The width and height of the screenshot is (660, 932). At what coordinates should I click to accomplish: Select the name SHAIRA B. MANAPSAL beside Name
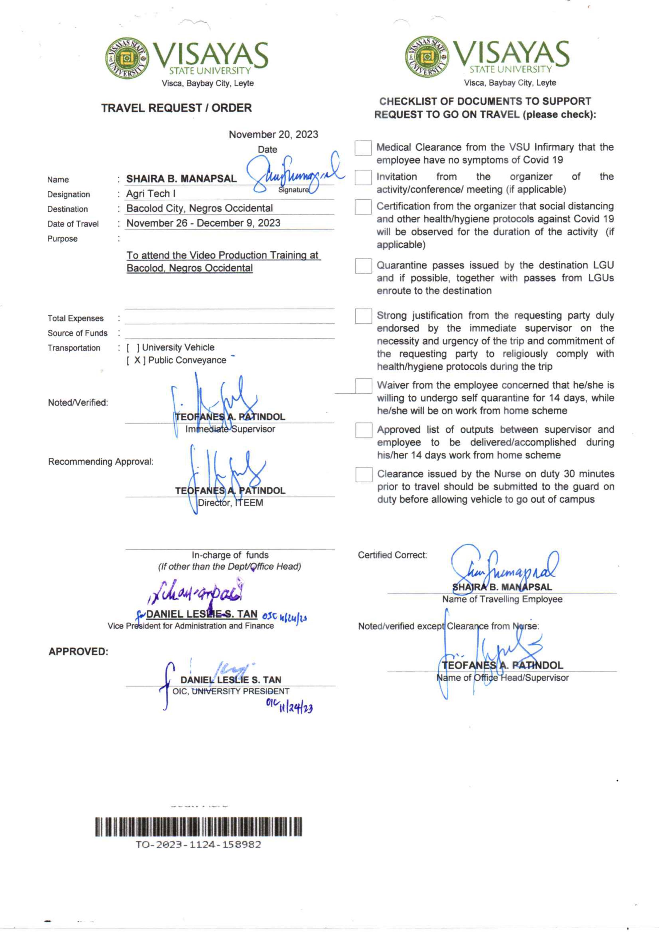tap(181, 179)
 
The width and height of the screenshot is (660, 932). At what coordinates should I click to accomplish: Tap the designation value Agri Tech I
tap(151, 194)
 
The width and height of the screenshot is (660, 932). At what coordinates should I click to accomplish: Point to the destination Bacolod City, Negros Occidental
tap(199, 208)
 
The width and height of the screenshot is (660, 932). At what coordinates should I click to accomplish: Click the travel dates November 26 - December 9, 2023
tap(203, 223)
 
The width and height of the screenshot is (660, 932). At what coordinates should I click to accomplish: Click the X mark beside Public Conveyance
tap(137, 360)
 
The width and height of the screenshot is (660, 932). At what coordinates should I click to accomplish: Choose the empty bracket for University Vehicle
tap(133, 348)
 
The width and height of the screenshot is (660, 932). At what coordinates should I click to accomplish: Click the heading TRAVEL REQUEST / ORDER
tap(176, 108)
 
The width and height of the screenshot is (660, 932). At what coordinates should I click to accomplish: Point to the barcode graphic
tap(198, 826)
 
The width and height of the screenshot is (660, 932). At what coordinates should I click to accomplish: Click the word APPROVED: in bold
tap(79, 652)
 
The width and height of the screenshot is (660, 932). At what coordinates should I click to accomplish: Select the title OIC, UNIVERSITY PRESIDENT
tap(231, 691)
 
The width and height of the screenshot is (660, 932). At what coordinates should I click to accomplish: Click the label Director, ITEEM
tap(230, 503)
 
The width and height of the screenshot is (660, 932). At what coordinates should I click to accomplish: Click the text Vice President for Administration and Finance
tap(191, 626)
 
